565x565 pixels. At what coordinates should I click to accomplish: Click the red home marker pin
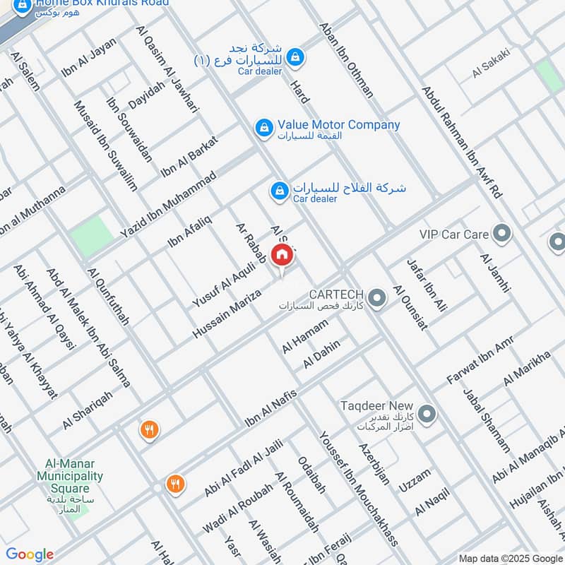[282, 256]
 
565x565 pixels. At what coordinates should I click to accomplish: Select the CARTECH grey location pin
[377, 298]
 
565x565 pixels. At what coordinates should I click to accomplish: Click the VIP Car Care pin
[502, 233]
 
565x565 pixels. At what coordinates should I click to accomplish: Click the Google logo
[30, 554]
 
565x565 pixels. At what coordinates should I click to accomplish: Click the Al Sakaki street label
[491, 63]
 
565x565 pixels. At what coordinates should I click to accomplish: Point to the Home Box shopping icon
[23, 6]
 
